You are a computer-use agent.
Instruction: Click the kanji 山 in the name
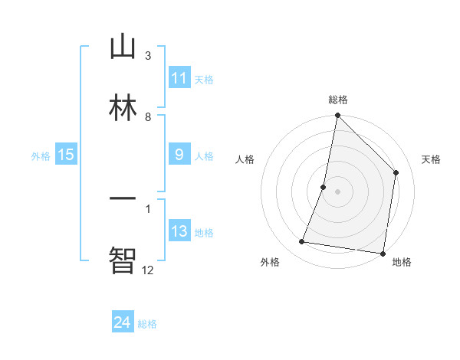pyautogui.click(x=123, y=47)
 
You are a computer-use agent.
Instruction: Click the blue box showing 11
pyautogui.click(x=179, y=78)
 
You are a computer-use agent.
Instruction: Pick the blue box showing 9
pyautogui.click(x=179, y=155)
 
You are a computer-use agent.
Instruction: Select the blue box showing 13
pyautogui.click(x=179, y=231)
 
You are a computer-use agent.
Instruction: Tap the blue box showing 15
pyautogui.click(x=66, y=155)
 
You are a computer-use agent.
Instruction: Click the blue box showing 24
pyautogui.click(x=123, y=322)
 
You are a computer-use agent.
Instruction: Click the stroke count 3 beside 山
pyautogui.click(x=148, y=56)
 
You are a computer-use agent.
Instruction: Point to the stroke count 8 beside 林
pyautogui.click(x=148, y=116)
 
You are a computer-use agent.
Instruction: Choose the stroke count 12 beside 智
pyautogui.click(x=148, y=269)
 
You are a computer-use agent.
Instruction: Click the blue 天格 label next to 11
pyautogui.click(x=204, y=80)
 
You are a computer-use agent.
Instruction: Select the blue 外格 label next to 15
pyautogui.click(x=41, y=156)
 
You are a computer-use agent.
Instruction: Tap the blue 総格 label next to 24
pyautogui.click(x=147, y=324)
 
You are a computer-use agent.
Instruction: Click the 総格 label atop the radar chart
pyautogui.click(x=337, y=100)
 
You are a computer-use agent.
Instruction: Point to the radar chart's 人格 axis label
pyautogui.click(x=245, y=159)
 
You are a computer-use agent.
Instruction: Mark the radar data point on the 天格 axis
pyautogui.click(x=396, y=172)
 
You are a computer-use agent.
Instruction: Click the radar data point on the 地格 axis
pyautogui.click(x=383, y=253)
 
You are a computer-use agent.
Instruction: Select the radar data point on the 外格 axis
pyautogui.click(x=302, y=242)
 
